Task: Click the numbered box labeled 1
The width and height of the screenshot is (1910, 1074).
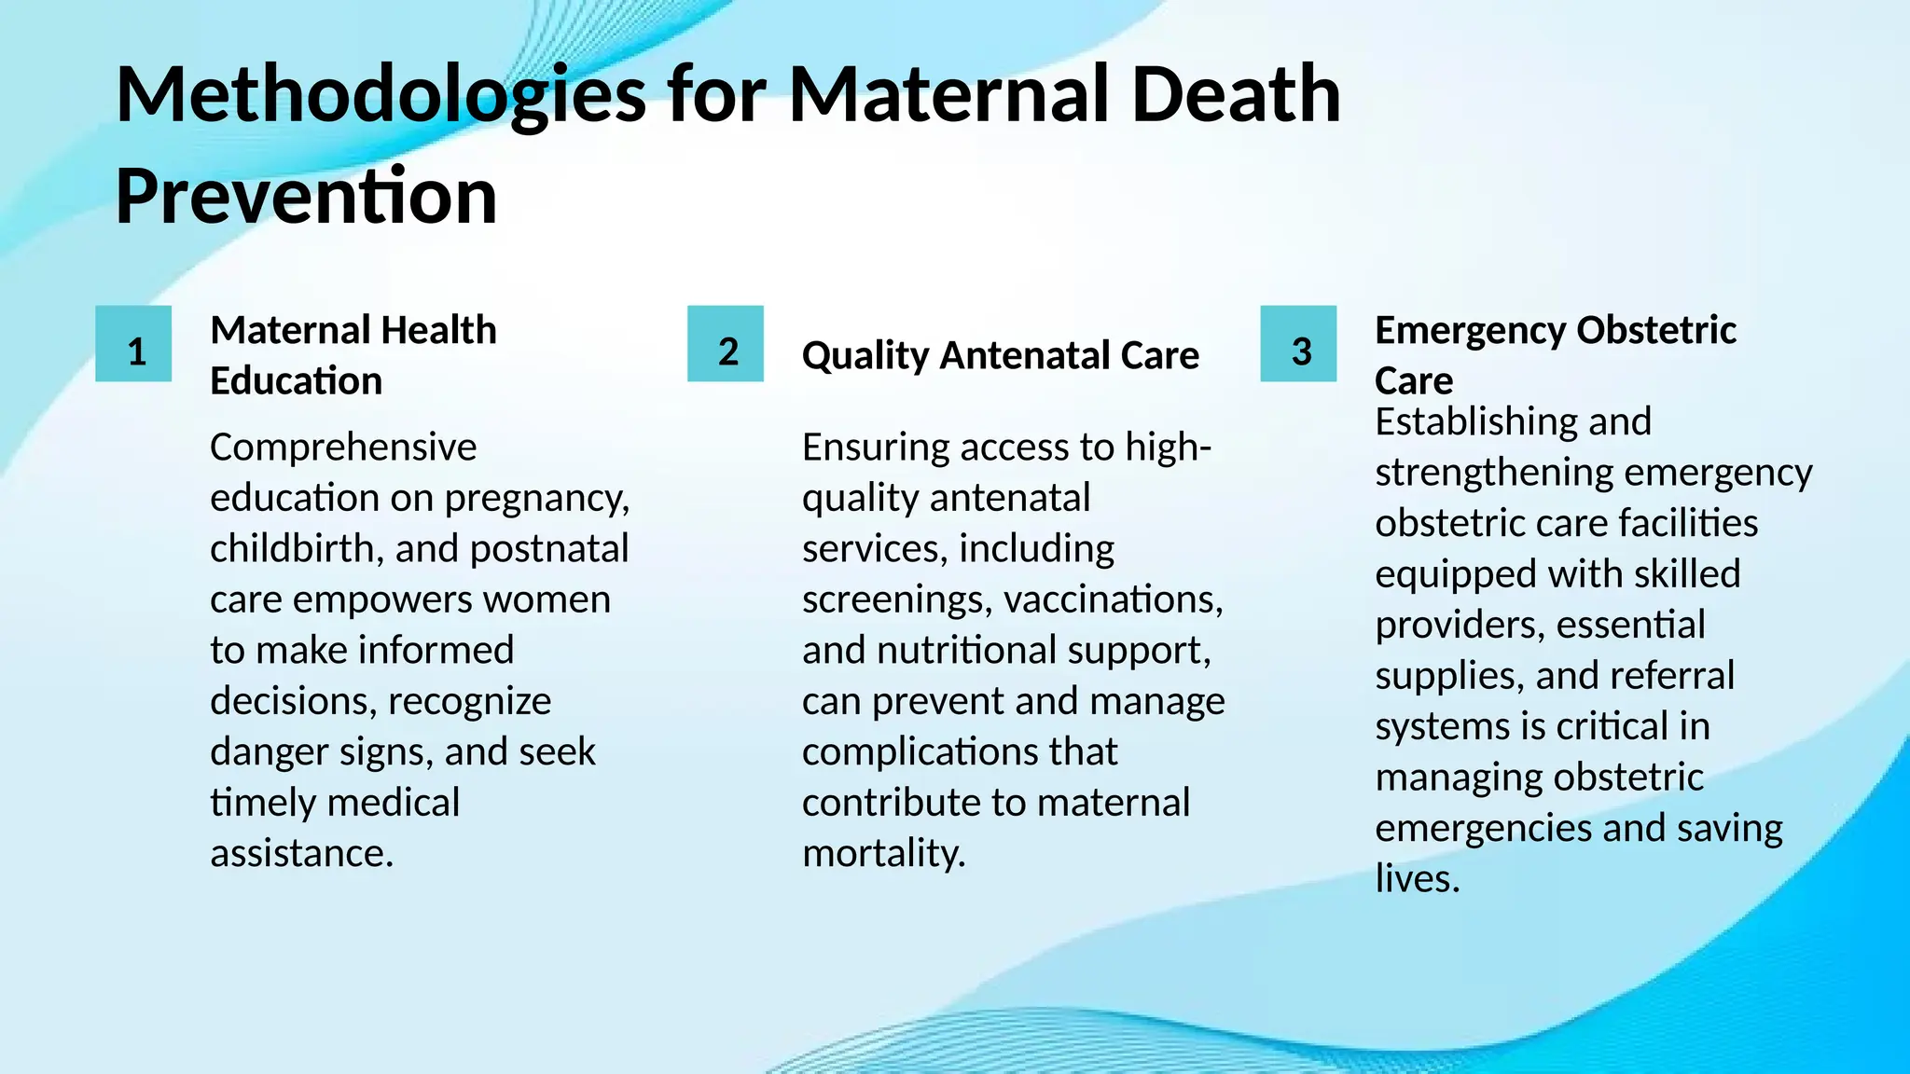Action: [133, 344]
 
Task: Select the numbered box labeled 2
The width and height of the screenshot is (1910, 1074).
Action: [726, 344]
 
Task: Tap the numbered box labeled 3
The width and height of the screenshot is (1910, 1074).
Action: [1298, 344]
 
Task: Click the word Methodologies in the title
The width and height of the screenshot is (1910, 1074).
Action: [381, 95]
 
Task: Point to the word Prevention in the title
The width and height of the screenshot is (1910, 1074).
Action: [306, 197]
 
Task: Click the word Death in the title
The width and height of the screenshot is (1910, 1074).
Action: [1236, 95]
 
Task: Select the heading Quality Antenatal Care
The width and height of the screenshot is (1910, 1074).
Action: [1001, 356]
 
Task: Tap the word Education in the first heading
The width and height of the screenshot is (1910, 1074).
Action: [297, 381]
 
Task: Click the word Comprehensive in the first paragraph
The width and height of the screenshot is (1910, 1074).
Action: [343, 447]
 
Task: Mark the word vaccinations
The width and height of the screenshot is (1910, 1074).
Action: [1110, 599]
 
